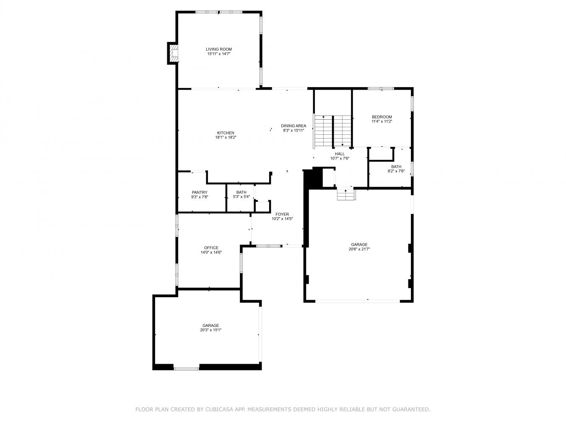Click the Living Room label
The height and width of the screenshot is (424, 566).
pyautogui.click(x=218, y=49)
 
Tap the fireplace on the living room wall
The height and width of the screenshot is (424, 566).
pyautogui.click(x=173, y=53)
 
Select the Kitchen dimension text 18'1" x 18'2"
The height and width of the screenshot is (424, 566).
pyautogui.click(x=225, y=137)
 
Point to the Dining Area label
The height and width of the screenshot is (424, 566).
pyautogui.click(x=293, y=126)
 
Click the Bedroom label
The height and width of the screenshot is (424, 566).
pyautogui.click(x=382, y=117)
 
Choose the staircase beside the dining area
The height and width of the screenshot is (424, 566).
pyautogui.click(x=333, y=131)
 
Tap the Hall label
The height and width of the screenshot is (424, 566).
pyautogui.click(x=340, y=154)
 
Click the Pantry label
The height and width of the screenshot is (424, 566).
pyautogui.click(x=200, y=192)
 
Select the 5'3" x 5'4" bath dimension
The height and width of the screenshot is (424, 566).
pyautogui.click(x=241, y=197)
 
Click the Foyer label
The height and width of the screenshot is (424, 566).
pyautogui.click(x=282, y=214)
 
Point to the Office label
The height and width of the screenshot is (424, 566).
pyautogui.click(x=211, y=247)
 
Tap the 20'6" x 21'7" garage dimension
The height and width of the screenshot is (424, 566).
pyautogui.click(x=359, y=249)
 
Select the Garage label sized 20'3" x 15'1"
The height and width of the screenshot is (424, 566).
pyautogui.click(x=210, y=325)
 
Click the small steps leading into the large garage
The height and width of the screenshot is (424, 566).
pyautogui.click(x=346, y=195)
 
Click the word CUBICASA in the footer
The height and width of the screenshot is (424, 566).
pyautogui.click(x=226, y=409)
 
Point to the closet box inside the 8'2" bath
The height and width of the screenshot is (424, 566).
pyautogui.click(x=381, y=154)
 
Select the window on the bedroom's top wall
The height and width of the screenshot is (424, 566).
pyautogui.click(x=381, y=88)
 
